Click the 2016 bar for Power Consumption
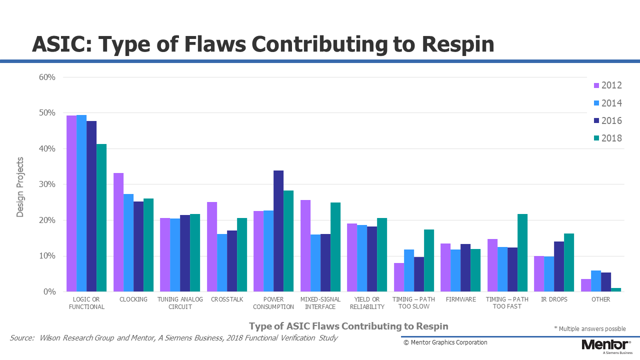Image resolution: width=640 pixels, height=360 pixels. point(278,231)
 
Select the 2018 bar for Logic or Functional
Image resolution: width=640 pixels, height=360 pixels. point(101,217)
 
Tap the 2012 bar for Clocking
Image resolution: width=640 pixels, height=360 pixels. point(118,232)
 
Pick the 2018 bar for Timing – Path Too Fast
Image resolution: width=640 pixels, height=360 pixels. point(522,253)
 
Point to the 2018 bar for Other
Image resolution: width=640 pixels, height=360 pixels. point(616,289)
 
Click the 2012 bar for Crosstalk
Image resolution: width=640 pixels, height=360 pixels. point(212,247)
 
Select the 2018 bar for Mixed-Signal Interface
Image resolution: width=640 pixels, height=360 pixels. point(335,247)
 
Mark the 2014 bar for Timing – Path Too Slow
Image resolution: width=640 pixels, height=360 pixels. point(409,270)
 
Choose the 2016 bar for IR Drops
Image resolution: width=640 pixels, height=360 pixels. point(559,266)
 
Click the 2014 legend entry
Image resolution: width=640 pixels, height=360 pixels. point(607,103)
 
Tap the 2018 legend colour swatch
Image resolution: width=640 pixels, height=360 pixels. point(596,138)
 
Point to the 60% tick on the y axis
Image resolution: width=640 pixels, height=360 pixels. point(47,77)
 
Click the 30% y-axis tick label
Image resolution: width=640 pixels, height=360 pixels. point(47,184)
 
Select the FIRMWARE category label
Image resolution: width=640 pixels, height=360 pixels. point(461,299)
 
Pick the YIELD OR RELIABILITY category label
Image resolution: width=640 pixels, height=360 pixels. point(367,303)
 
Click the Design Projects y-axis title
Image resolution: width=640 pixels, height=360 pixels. point(19,187)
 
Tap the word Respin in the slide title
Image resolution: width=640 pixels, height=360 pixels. point(458,44)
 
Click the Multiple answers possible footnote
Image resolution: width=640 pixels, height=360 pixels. point(590,329)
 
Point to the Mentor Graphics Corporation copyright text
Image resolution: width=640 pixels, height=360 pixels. point(445,342)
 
